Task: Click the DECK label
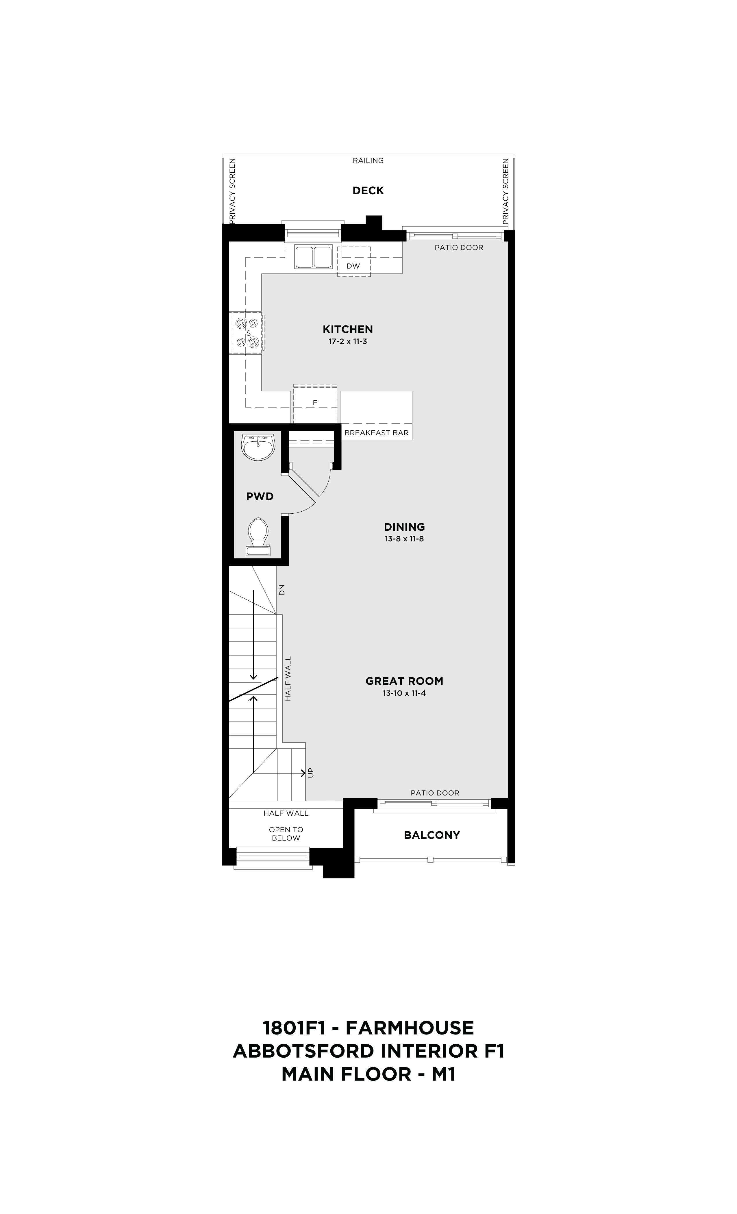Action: (368, 191)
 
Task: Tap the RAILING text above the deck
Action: (368, 161)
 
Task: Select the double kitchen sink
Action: (313, 257)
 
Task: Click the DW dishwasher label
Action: (353, 266)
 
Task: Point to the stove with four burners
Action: (248, 333)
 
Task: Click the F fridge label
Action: (315, 403)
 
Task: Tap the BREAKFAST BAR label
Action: (376, 433)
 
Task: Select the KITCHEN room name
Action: (348, 329)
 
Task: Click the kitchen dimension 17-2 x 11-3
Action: (348, 341)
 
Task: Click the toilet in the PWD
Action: (258, 536)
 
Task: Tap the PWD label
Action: (260, 497)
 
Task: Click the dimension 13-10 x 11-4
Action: (404, 693)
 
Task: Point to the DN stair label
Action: (282, 590)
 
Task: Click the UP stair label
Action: (310, 773)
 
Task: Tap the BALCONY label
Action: (432, 835)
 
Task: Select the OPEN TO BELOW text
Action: (286, 834)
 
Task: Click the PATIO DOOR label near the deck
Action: (459, 247)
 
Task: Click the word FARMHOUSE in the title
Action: (410, 1028)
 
